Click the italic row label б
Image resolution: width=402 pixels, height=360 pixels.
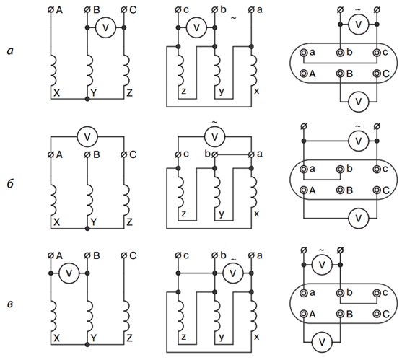click(x=10, y=184)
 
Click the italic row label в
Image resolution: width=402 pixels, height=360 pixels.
click(x=9, y=304)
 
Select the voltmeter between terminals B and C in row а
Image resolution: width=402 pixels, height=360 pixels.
click(x=105, y=27)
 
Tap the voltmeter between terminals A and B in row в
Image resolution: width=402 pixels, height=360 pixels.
click(x=69, y=273)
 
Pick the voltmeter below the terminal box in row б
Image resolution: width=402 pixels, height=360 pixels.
click(x=359, y=219)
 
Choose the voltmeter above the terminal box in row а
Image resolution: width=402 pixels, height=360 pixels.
click(x=359, y=25)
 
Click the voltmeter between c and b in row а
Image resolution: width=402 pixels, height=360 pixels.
click(x=196, y=27)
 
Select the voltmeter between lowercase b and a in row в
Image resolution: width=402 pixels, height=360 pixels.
click(x=233, y=273)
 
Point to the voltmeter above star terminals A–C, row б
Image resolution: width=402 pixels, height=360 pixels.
click(x=87, y=137)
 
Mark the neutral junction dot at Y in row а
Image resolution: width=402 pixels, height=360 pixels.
click(x=87, y=99)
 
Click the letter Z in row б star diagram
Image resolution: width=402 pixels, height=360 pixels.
click(x=130, y=221)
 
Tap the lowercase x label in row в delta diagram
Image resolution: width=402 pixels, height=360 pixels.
click(x=256, y=337)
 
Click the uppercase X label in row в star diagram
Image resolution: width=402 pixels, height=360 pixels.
click(x=57, y=338)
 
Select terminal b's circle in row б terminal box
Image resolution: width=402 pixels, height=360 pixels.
click(x=340, y=170)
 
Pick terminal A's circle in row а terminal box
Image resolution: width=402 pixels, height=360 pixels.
click(x=304, y=74)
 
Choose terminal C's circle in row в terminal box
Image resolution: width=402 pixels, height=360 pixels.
click(x=377, y=314)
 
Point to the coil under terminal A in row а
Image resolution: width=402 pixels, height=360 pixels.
click(x=53, y=70)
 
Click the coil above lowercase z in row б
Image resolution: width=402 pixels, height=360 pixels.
click(x=180, y=192)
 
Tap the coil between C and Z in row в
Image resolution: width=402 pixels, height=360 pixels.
click(x=126, y=316)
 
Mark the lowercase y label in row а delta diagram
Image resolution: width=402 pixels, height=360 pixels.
click(x=222, y=92)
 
